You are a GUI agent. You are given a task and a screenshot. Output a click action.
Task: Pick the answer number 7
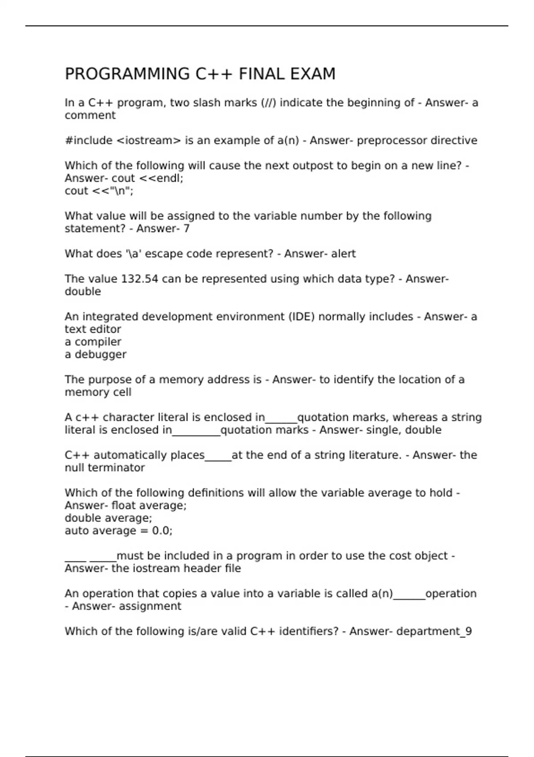click(186, 228)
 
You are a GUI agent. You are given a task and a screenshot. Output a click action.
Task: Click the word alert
click(344, 254)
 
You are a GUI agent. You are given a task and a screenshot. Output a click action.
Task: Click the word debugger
click(100, 354)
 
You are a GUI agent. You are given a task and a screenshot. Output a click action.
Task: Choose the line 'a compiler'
click(93, 342)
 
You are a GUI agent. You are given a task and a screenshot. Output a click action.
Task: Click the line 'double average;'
click(108, 518)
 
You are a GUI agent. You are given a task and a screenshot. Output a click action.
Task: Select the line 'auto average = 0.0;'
click(118, 531)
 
